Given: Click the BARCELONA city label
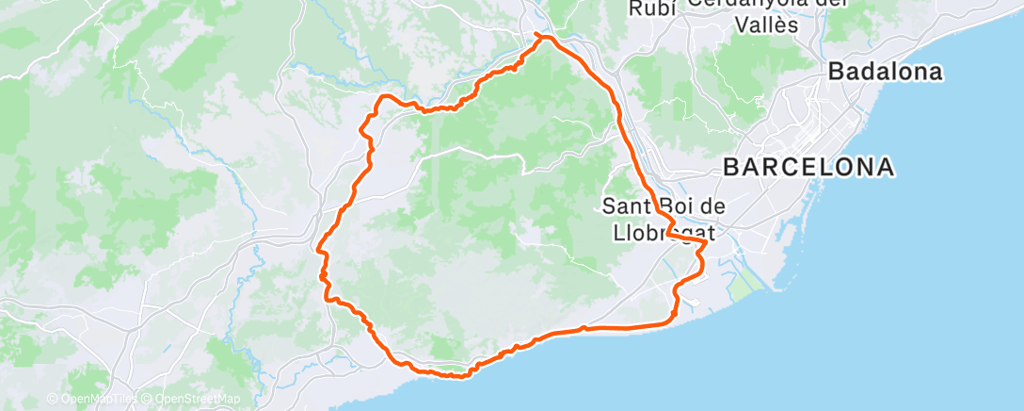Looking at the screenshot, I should pyautogui.click(x=808, y=168).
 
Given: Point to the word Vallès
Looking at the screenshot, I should pyautogui.click(x=764, y=25).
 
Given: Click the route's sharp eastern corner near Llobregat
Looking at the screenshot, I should pyautogui.click(x=706, y=242).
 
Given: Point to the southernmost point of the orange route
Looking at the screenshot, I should pyautogui.click(x=458, y=377).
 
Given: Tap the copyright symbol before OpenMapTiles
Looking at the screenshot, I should pyautogui.click(x=52, y=400).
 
